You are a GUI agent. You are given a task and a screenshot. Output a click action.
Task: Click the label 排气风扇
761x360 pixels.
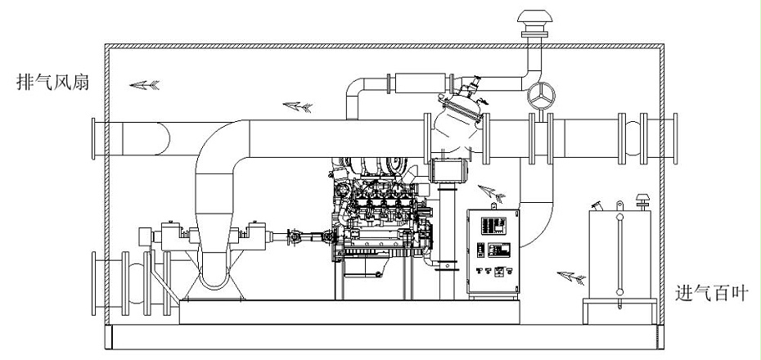53,82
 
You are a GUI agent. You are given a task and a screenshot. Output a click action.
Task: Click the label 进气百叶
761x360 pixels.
712,293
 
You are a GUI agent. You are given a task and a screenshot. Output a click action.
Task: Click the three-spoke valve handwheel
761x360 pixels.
541,96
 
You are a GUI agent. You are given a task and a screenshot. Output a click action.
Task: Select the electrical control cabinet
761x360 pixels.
493,251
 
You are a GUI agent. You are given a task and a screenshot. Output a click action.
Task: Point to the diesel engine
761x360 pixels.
381,214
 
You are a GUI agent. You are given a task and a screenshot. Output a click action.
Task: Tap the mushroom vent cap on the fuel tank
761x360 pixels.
642,200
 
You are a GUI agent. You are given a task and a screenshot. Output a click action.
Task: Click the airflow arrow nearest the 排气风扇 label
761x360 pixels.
144,85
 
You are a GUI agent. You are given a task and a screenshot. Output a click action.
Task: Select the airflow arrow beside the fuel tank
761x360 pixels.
571,277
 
